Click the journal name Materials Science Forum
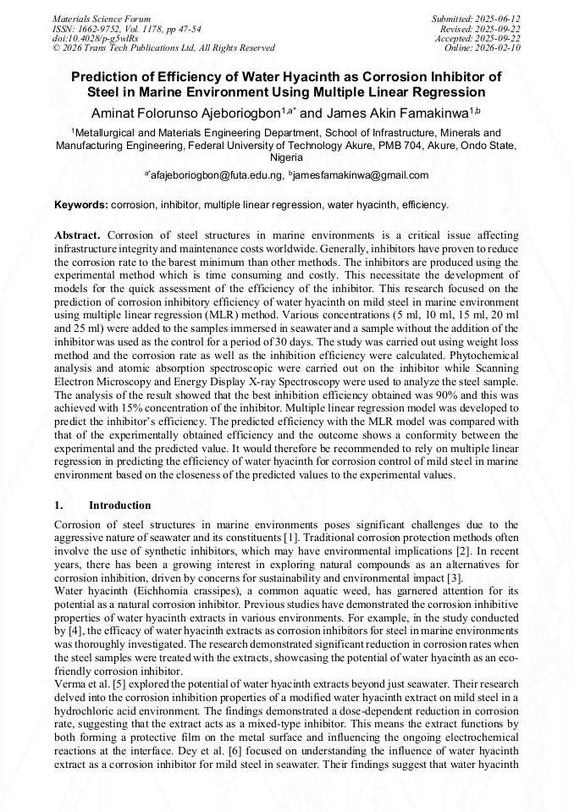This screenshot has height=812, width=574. (x=102, y=19)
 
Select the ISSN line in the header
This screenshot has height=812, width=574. (x=126, y=29)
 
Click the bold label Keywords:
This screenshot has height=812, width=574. (x=81, y=205)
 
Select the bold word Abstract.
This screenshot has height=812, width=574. (x=77, y=235)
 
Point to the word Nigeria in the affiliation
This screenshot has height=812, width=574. (x=286, y=157)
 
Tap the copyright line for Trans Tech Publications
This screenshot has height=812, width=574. (x=163, y=48)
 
